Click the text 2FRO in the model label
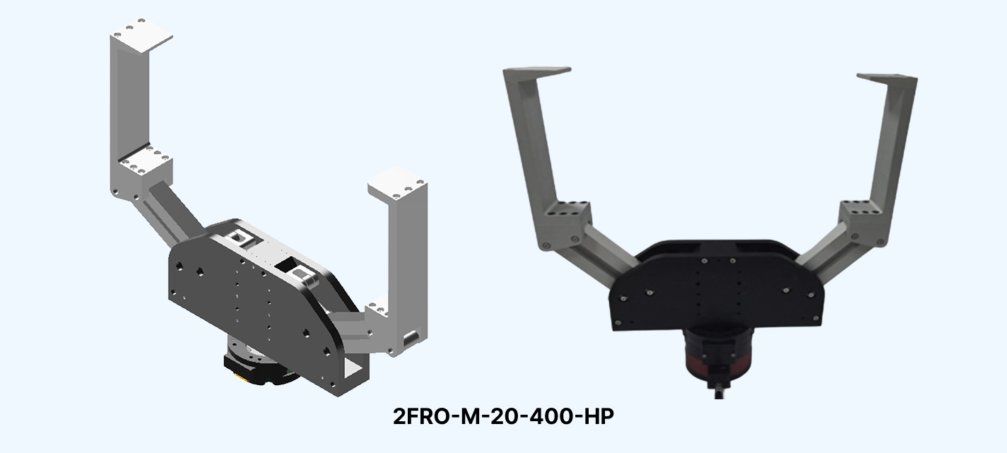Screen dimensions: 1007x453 pyautogui.click(x=421, y=416)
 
